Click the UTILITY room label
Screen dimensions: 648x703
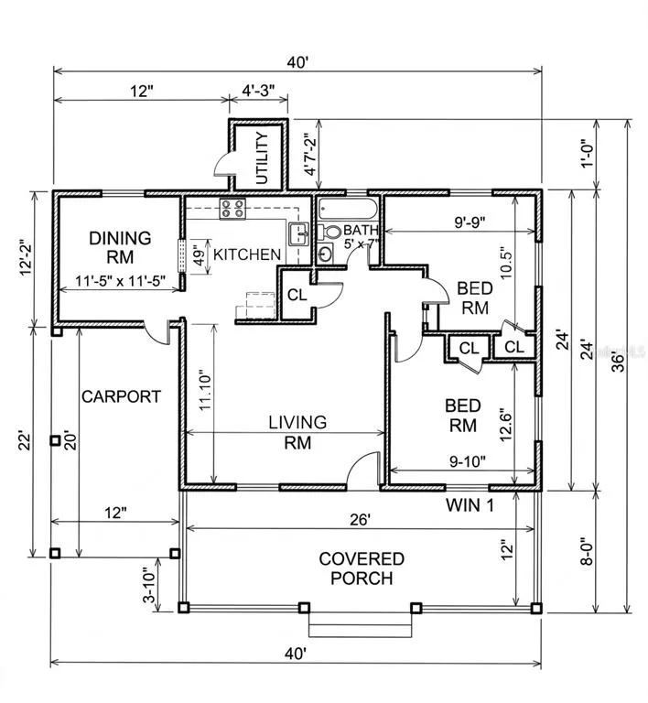pos(262,157)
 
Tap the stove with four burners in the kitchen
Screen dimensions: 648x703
pos(232,209)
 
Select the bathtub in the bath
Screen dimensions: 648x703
pos(348,209)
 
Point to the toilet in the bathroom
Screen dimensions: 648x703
pos(329,233)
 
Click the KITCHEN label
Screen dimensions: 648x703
pos(247,254)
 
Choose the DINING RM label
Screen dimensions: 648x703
pos(120,247)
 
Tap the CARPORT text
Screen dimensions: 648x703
pos(121,396)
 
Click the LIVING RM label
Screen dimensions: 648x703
pos(297,432)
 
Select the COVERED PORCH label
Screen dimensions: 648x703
pos(362,568)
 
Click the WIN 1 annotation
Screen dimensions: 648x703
pos(470,505)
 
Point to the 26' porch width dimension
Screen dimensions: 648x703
pos(361,520)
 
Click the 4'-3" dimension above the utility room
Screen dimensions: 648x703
pos(258,91)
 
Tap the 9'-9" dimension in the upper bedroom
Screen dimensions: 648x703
pos(470,222)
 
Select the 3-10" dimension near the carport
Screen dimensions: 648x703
pos(149,586)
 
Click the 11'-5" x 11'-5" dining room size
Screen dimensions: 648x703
pos(120,281)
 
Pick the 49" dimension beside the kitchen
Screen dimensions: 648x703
pos(199,255)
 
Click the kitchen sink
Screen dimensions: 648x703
pos(299,233)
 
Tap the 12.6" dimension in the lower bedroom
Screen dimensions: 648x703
pos(505,425)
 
